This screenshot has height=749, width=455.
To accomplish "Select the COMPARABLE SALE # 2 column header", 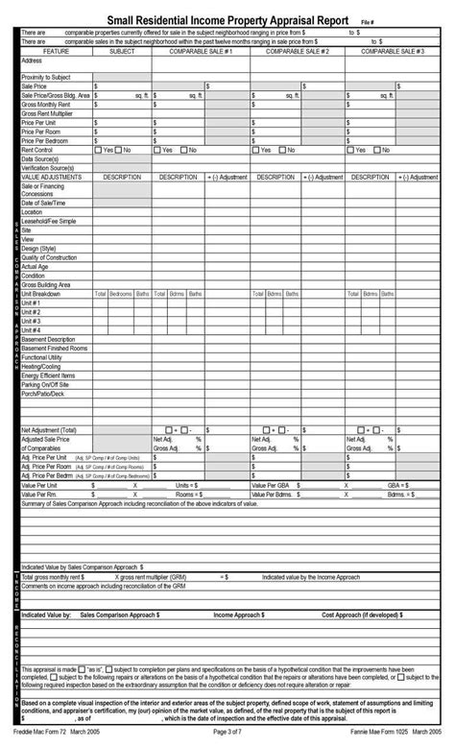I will (300, 51).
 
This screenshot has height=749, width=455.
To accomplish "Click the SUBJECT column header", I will (122, 51).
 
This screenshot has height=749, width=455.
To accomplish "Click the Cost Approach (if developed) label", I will (361, 614).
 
